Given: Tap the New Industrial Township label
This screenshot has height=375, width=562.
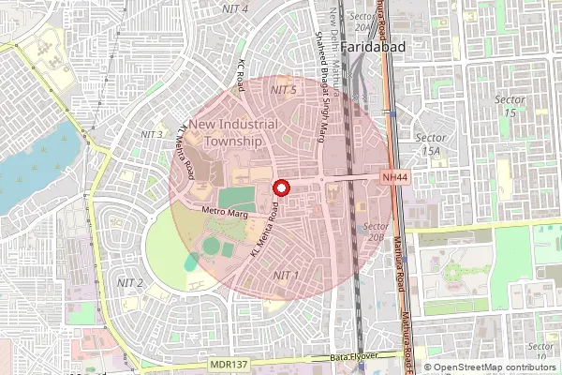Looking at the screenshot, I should pos(225,132).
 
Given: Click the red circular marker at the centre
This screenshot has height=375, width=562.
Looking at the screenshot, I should pos(279,187).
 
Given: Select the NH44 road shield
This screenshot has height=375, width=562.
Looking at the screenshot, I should pos(394,177).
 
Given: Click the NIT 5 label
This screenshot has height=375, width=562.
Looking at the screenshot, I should pos(283,89).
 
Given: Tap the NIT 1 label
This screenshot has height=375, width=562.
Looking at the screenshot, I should pos(285,275).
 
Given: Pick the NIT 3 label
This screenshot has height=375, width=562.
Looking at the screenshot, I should pos(152,135).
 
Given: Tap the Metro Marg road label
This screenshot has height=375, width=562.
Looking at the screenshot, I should pos(223,212).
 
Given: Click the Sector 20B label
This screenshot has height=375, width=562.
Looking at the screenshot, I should pos(377,232).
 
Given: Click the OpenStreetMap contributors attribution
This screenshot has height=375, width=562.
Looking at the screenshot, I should pos(489,367).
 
